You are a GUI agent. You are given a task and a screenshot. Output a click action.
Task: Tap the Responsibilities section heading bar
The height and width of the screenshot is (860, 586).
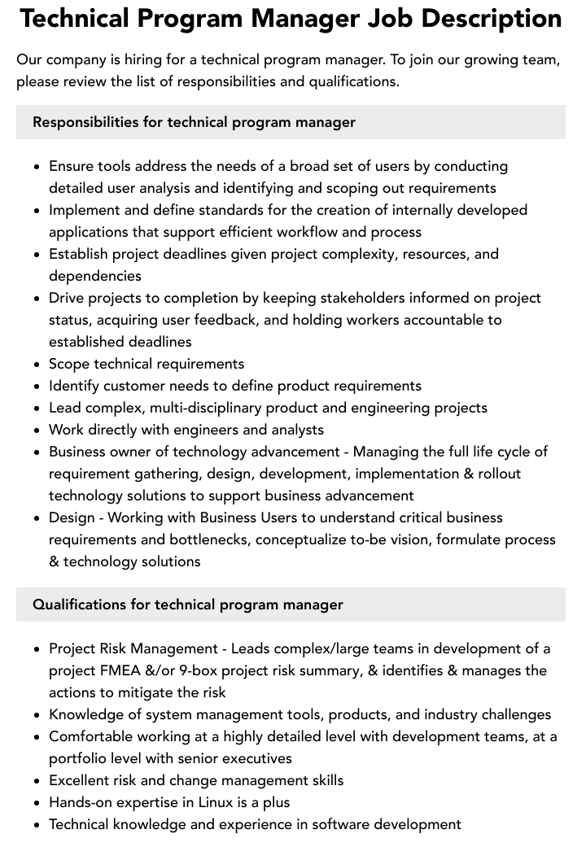291,122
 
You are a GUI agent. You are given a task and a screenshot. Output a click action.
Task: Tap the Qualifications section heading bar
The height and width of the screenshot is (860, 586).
291,605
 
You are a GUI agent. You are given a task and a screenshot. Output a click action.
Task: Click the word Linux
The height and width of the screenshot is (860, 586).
220,802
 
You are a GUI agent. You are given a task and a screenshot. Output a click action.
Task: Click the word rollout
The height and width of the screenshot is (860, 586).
494,474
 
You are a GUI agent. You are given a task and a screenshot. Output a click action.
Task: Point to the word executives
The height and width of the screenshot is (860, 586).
251,758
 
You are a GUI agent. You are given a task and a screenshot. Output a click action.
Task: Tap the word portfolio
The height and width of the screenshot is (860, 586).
80,758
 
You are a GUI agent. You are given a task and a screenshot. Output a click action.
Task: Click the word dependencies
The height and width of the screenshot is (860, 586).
95,276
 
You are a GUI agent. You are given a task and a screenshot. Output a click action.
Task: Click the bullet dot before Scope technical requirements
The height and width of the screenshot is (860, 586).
37,365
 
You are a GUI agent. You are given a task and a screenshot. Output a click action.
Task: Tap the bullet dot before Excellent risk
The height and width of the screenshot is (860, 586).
37,781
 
